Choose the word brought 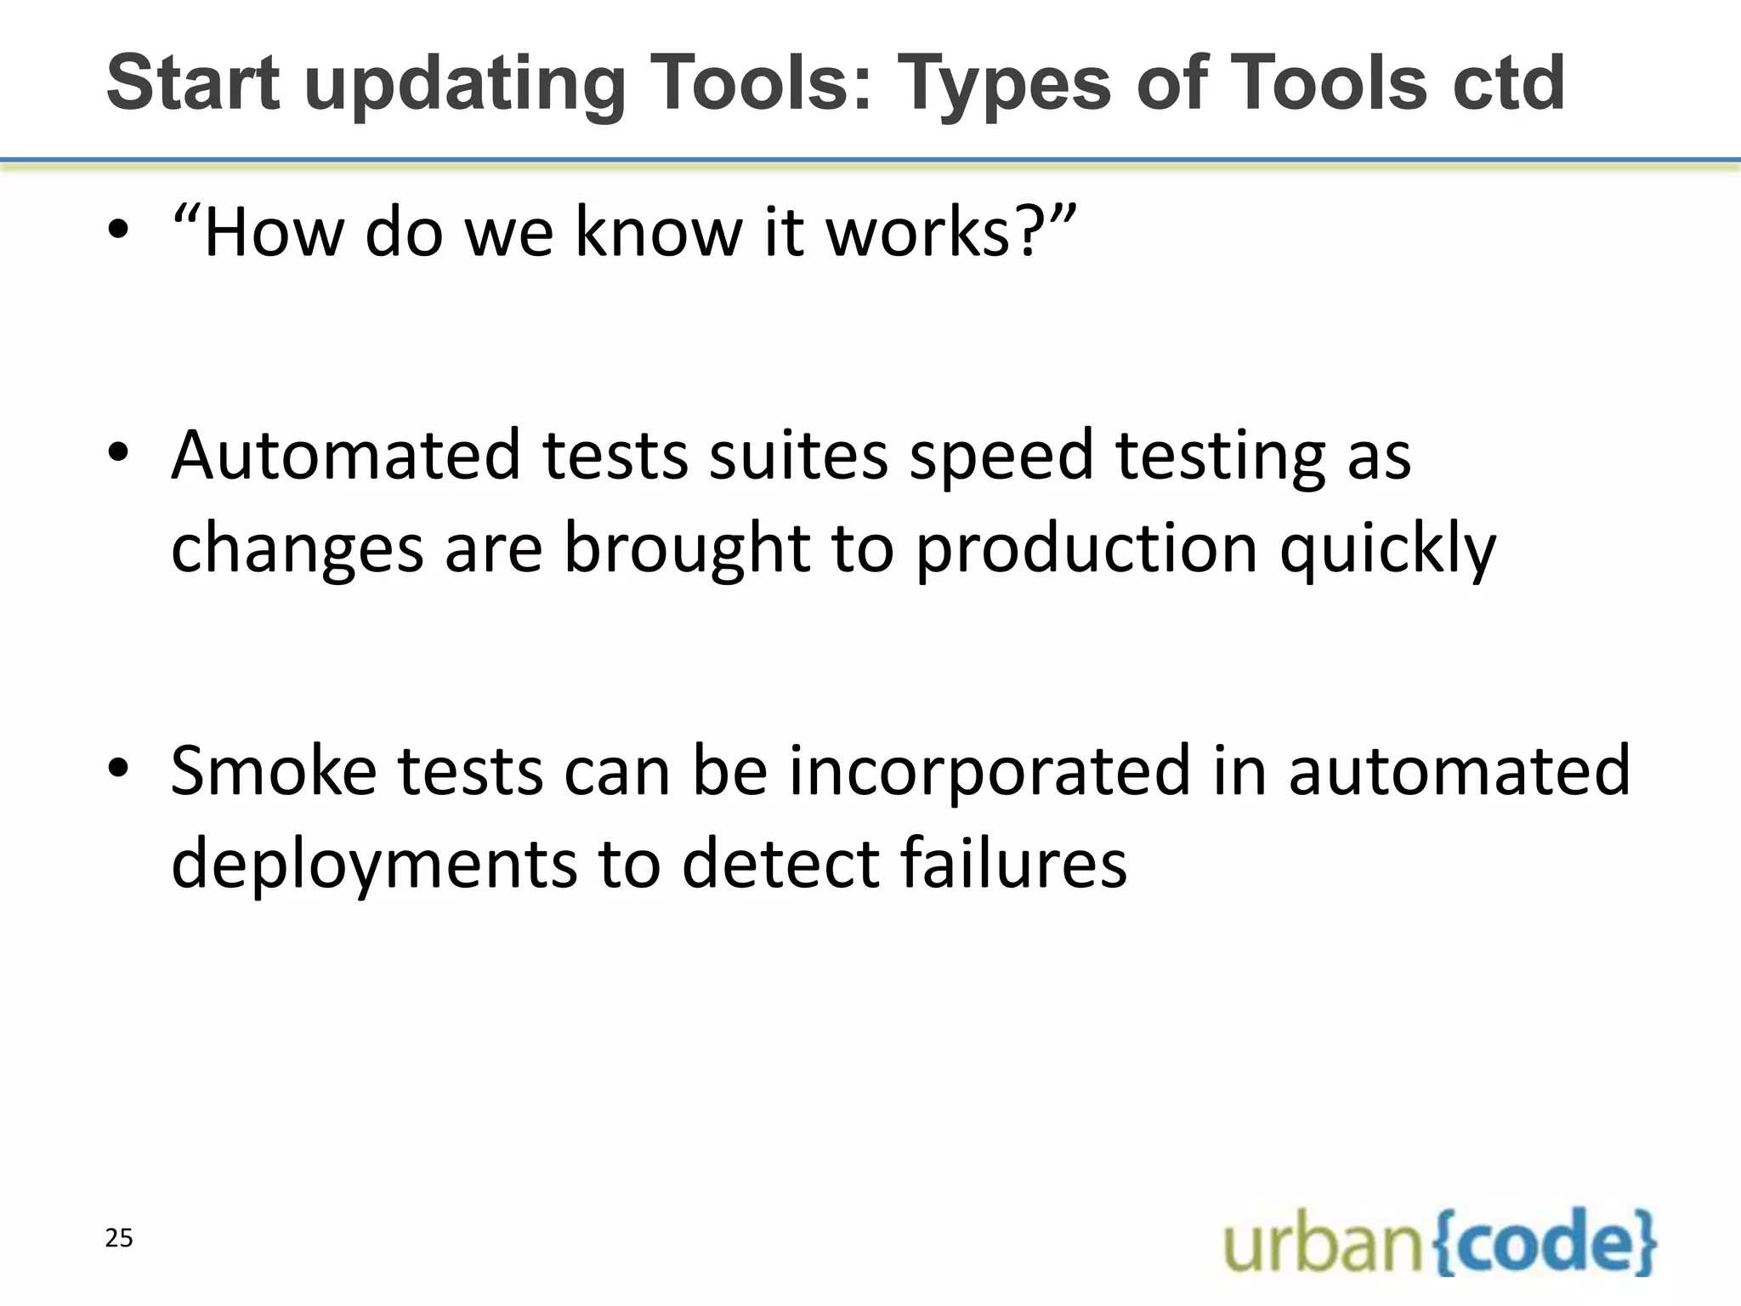pos(686,550)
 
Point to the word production pos(1086,550)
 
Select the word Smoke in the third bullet pos(274,770)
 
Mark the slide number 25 pos(119,1239)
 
